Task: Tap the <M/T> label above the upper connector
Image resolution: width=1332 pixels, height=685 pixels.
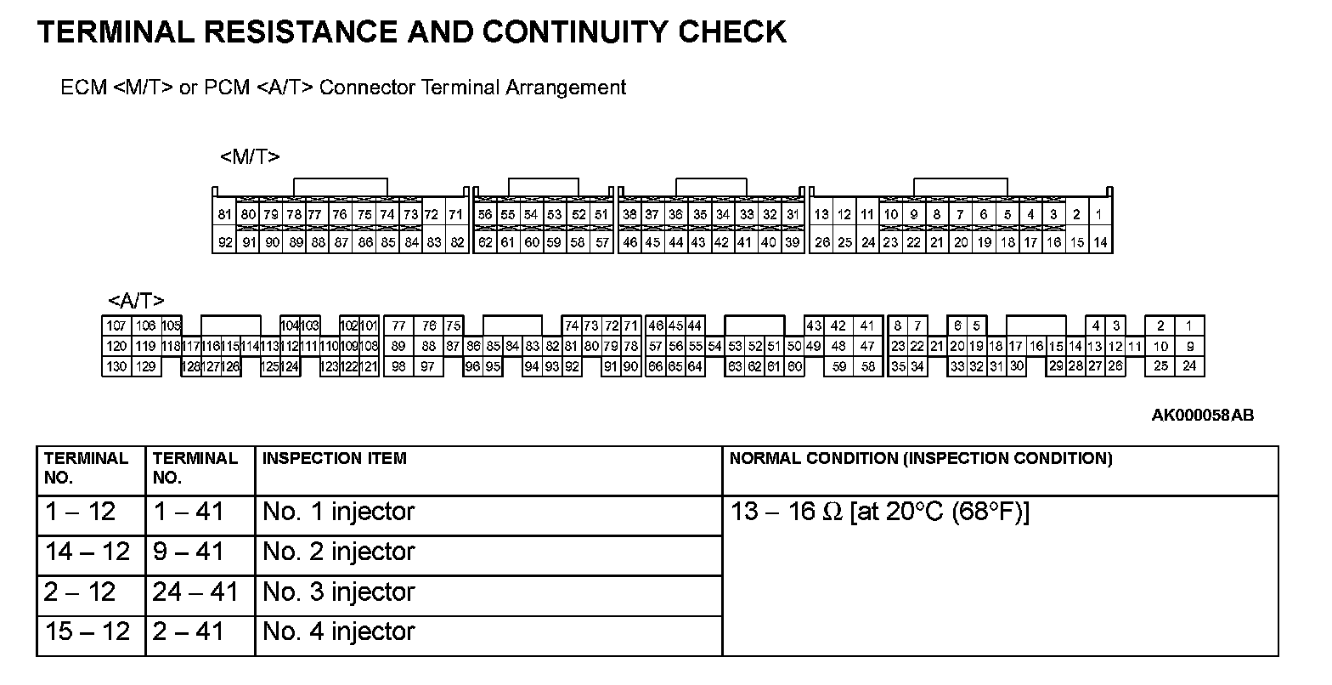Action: [250, 157]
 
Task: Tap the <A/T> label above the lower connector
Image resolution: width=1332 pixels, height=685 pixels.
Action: [136, 300]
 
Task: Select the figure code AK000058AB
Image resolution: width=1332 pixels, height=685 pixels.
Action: [1202, 416]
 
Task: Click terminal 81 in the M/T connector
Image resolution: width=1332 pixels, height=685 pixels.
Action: [224, 215]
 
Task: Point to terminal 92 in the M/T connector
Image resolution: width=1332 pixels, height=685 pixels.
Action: [224, 242]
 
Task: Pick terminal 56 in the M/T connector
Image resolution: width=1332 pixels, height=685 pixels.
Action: [485, 215]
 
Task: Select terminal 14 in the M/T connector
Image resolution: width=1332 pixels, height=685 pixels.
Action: [1099, 242]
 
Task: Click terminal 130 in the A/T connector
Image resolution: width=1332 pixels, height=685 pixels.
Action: [116, 366]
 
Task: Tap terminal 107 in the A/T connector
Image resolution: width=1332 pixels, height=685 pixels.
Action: [116, 326]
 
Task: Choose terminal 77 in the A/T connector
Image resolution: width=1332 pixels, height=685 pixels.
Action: [398, 326]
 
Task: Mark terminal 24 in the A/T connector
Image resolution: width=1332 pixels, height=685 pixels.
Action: [1189, 366]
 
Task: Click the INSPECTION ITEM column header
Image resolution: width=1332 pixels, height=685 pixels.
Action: [335, 459]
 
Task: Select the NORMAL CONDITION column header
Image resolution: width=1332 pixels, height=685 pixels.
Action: [920, 459]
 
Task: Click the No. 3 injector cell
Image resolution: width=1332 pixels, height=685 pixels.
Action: [338, 592]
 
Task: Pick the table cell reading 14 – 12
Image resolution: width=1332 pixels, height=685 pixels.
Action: [88, 552]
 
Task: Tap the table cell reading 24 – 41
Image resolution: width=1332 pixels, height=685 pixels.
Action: [195, 592]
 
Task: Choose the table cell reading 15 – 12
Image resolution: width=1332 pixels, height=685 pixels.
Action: [88, 631]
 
